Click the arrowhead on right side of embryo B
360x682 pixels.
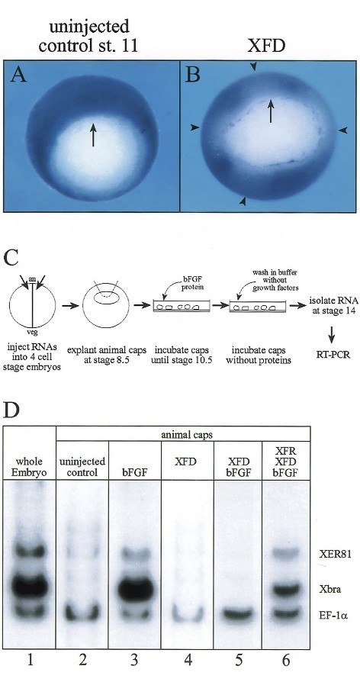[x=343, y=130]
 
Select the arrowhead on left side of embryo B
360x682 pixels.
[x=194, y=127]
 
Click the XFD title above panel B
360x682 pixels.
[x=266, y=45]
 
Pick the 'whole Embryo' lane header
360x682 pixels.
[x=30, y=466]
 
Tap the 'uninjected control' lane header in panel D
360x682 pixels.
[x=82, y=466]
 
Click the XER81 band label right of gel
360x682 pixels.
[x=327, y=553]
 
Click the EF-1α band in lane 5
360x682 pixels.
[x=237, y=614]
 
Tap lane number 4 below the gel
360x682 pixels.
[x=187, y=661]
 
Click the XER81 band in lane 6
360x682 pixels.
[x=286, y=553]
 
